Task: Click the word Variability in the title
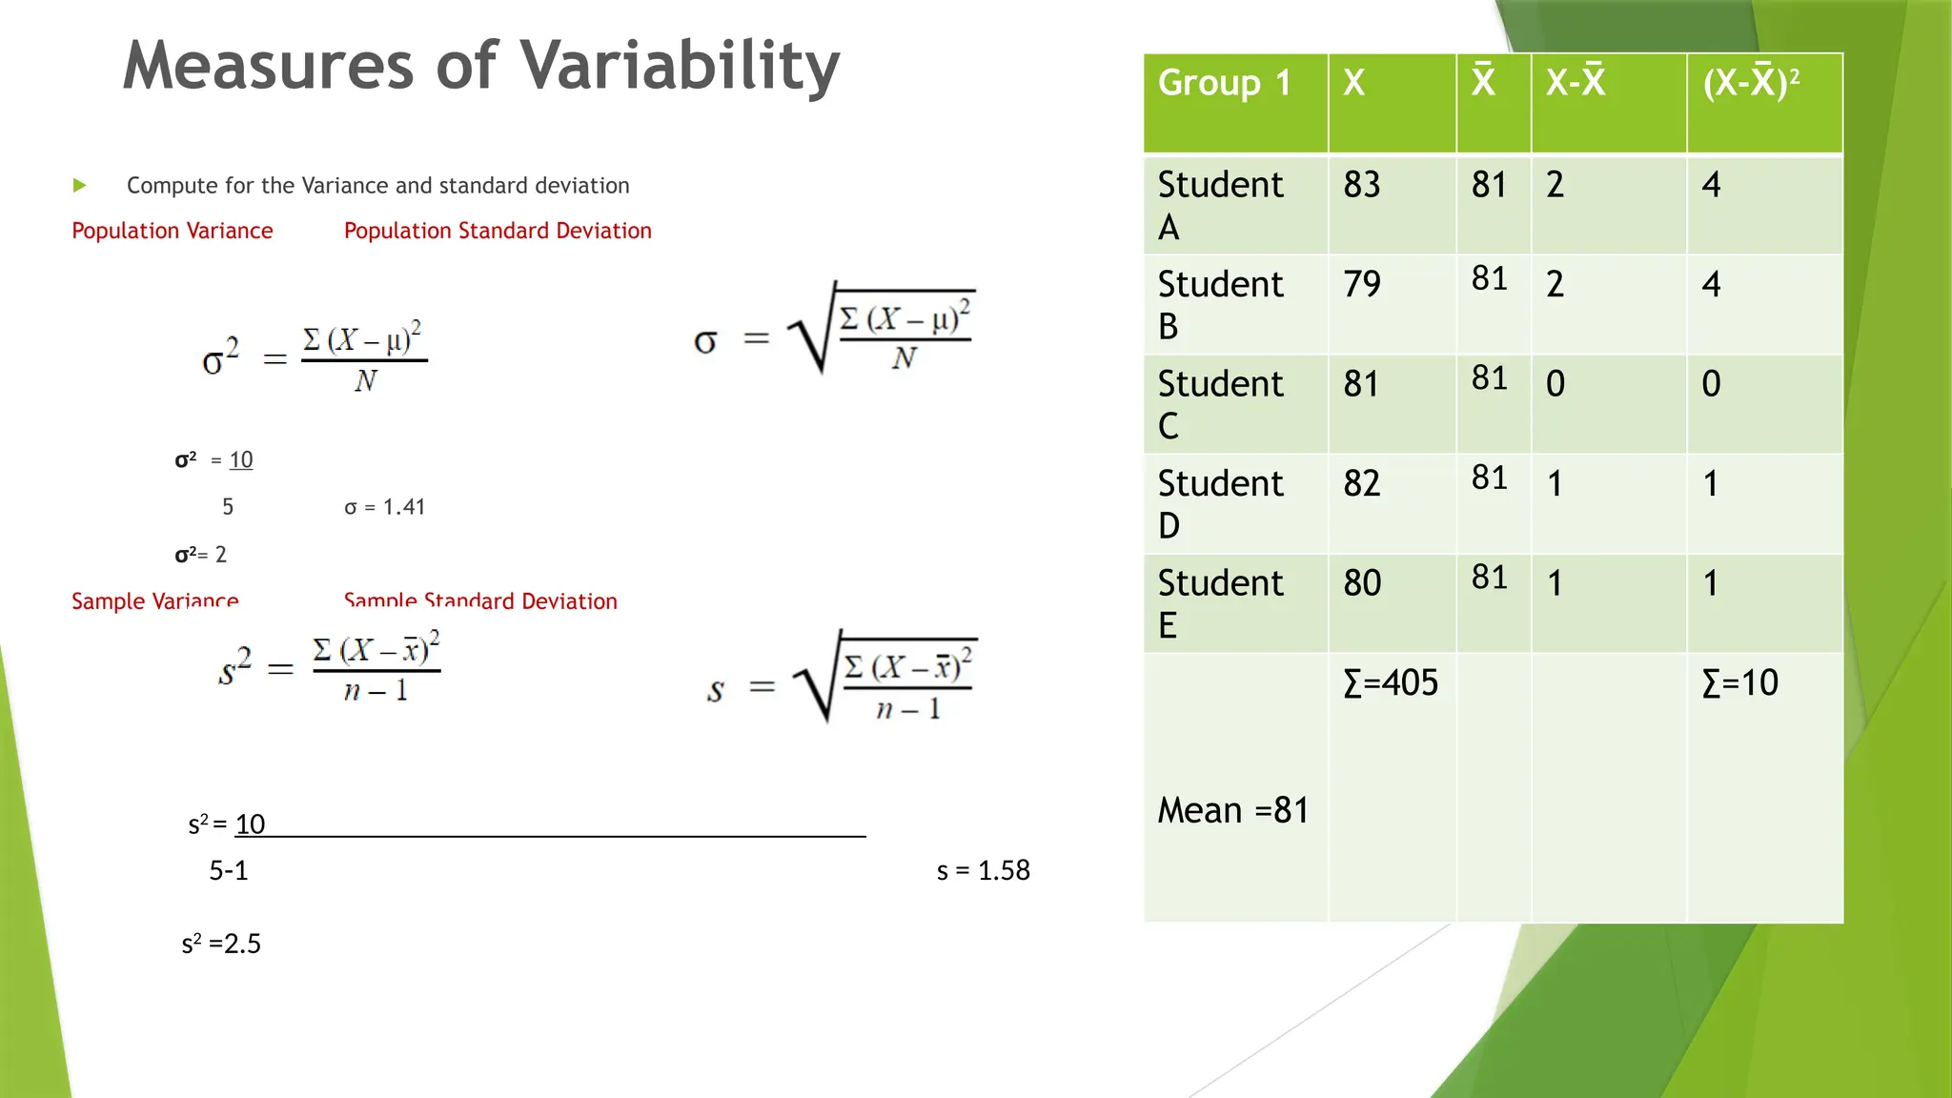(681, 67)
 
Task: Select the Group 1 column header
(1224, 83)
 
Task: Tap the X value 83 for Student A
(1361, 184)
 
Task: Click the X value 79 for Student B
(1361, 284)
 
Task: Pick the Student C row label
(1219, 403)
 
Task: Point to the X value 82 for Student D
(1361, 483)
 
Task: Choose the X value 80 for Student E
(1361, 582)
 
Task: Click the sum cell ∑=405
(1390, 682)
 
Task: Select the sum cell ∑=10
(1739, 682)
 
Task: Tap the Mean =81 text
(1232, 810)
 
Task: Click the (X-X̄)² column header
(1751, 83)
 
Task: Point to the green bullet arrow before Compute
(80, 185)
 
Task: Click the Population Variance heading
(173, 231)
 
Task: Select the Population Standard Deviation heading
(498, 231)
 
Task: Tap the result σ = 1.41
(384, 507)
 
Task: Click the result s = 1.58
(983, 870)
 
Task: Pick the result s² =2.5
(221, 944)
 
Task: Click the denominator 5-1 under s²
(229, 870)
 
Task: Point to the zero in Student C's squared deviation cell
(1711, 384)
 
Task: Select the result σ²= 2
(201, 555)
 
